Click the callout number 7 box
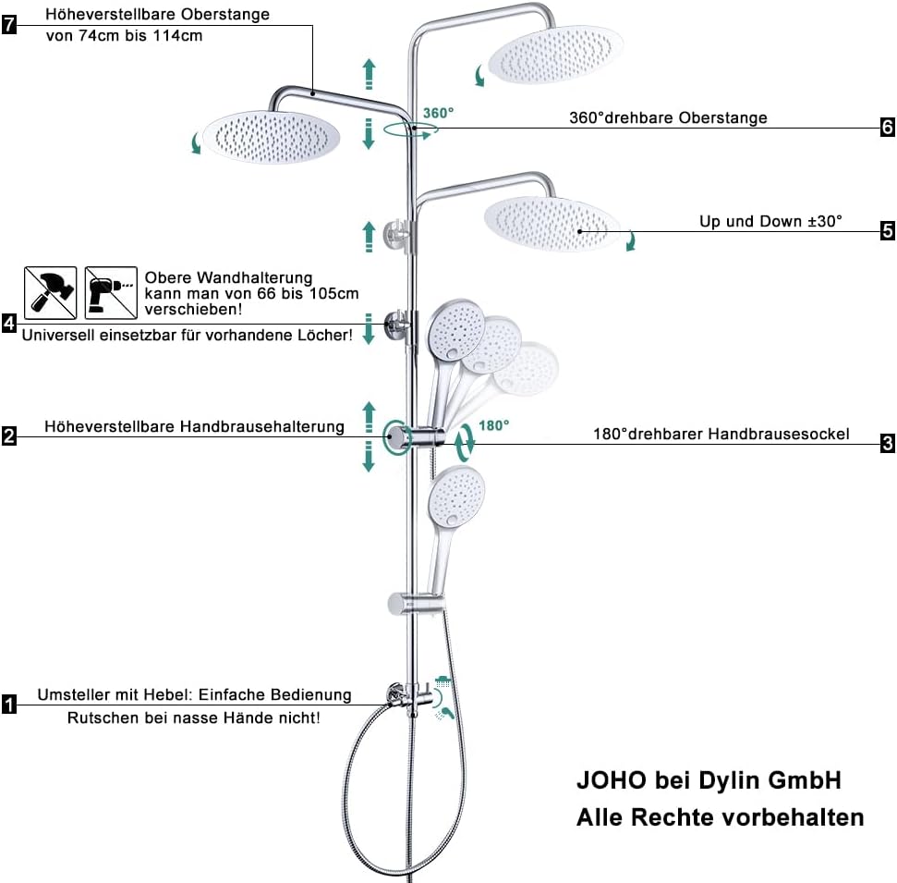tap(9, 25)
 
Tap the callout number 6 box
tap(887, 127)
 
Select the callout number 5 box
tap(887, 231)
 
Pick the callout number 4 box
tap(9, 323)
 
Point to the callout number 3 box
tap(887, 443)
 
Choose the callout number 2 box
tap(9, 435)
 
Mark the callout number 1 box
tap(9, 705)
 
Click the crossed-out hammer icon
tap(50, 292)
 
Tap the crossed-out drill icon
tap(111, 292)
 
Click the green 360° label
tap(438, 113)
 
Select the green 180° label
tap(493, 425)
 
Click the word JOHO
tap(611, 780)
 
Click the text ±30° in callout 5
tap(825, 222)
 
